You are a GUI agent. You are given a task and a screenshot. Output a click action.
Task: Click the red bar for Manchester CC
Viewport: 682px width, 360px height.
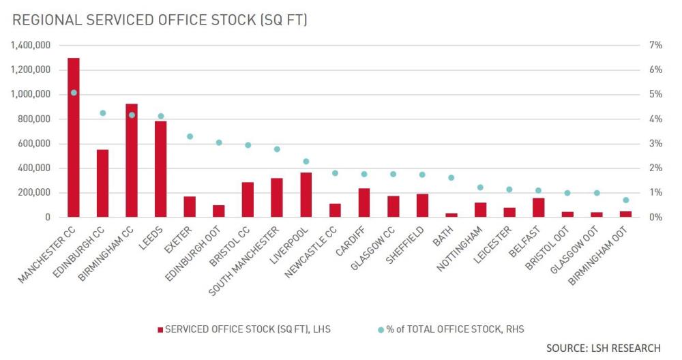pos(73,137)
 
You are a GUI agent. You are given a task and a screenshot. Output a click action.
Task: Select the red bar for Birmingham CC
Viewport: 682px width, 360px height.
pos(132,160)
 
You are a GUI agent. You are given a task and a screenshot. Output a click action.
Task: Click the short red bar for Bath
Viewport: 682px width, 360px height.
pos(451,215)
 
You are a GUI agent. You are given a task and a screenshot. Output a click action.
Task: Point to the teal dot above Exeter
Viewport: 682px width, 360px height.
pos(190,136)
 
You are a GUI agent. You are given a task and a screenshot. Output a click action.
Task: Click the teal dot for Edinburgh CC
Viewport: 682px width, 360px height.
pos(102,113)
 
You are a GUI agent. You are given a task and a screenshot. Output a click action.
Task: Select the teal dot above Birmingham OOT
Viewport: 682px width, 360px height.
pos(626,200)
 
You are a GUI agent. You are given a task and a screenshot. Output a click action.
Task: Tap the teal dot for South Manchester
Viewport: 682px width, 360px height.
pos(277,149)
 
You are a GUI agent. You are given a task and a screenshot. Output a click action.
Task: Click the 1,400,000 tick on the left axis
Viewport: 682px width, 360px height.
pos(30,46)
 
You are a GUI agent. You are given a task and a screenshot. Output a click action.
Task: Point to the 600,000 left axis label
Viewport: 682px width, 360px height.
pos(33,144)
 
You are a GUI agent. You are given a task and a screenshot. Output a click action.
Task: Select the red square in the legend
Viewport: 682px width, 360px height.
pos(160,329)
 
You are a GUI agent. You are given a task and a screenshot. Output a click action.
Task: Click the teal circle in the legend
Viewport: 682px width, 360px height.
pos(381,329)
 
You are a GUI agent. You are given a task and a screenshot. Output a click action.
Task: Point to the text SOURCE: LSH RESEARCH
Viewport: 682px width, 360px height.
pos(603,348)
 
